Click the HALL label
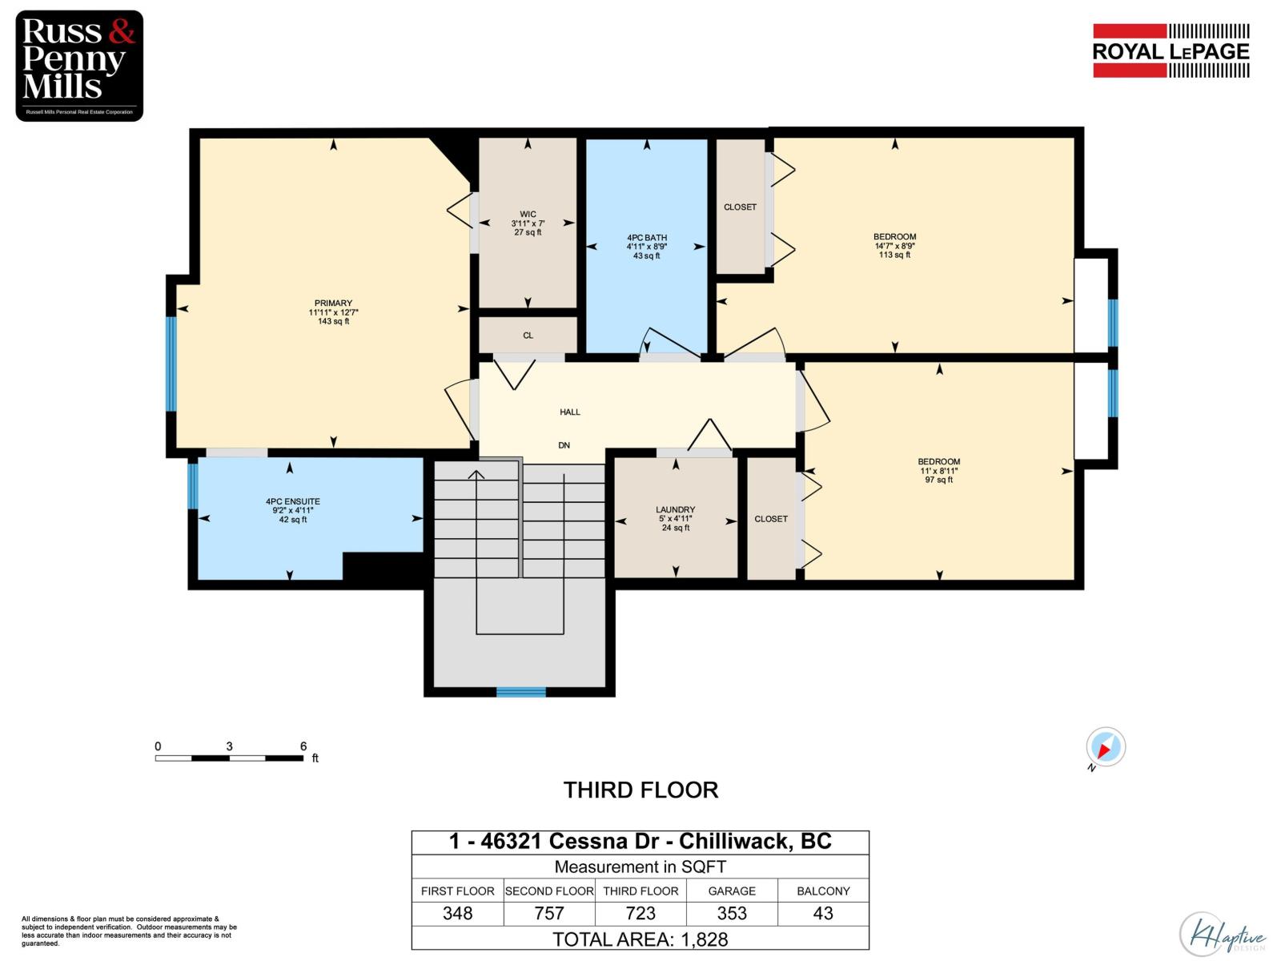pyautogui.click(x=570, y=412)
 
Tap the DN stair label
pyautogui.click(x=564, y=445)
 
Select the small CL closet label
pyautogui.click(x=528, y=336)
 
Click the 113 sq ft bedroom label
pyautogui.click(x=894, y=246)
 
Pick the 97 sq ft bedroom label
pyautogui.click(x=938, y=471)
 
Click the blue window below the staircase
pyautogui.click(x=520, y=692)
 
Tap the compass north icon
pyautogui.click(x=1106, y=747)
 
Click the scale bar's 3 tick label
pyautogui.click(x=230, y=746)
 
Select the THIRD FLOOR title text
pyautogui.click(x=640, y=790)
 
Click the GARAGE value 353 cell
pyautogui.click(x=732, y=913)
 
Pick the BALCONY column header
pyautogui.click(x=823, y=891)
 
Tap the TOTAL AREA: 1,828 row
pyautogui.click(x=640, y=939)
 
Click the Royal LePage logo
pyautogui.click(x=1171, y=50)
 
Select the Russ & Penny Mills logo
pyautogui.click(x=79, y=66)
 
